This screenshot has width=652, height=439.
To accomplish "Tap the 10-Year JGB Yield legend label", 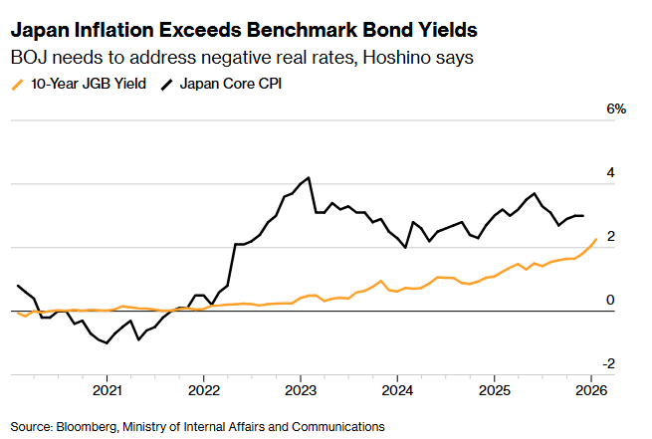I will (x=88, y=85).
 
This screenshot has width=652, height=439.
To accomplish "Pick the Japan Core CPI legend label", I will (x=231, y=85).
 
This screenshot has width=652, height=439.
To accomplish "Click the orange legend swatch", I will (x=18, y=85).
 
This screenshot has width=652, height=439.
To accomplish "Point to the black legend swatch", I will (x=166, y=85).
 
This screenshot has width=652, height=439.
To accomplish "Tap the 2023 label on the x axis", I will (x=301, y=389).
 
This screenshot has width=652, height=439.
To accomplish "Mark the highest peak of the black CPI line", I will (x=310, y=178).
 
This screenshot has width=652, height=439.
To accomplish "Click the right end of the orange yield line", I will (x=595, y=239).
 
